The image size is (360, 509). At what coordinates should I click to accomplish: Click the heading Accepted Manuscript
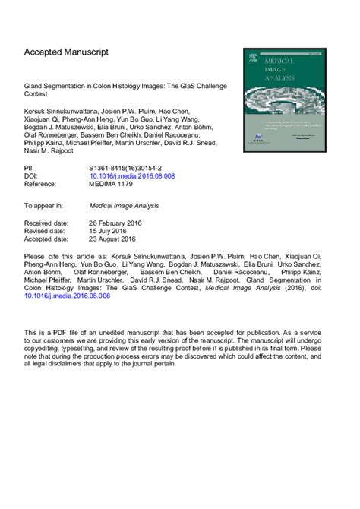click(67, 52)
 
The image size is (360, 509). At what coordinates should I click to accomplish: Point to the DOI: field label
click(33, 175)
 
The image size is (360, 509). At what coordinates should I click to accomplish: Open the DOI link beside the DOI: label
click(132, 175)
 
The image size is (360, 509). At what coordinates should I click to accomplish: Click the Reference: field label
click(45, 184)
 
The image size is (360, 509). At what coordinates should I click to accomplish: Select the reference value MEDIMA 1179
click(115, 184)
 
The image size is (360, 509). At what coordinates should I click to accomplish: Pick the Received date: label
click(51, 224)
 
